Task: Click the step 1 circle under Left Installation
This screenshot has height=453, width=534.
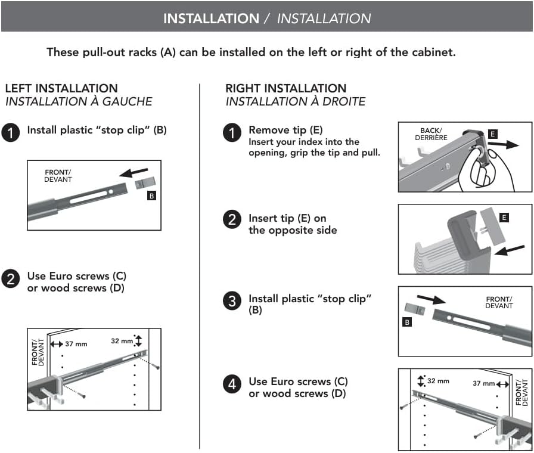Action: click(x=11, y=132)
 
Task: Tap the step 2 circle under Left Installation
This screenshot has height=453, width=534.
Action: click(x=11, y=278)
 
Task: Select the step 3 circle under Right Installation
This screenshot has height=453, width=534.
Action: click(x=232, y=302)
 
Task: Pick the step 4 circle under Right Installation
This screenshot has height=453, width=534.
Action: click(x=232, y=384)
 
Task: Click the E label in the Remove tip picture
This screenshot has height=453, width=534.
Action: click(x=492, y=135)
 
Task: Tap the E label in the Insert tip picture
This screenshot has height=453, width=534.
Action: click(x=504, y=218)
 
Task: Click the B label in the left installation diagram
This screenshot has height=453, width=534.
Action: click(x=151, y=195)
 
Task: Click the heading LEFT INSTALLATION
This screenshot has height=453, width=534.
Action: click(x=61, y=88)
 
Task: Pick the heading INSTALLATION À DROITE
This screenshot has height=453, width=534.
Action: click(x=295, y=101)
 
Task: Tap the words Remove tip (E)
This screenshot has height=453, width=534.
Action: click(x=285, y=130)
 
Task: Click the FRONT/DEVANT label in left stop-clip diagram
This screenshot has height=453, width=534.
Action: click(x=58, y=176)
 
